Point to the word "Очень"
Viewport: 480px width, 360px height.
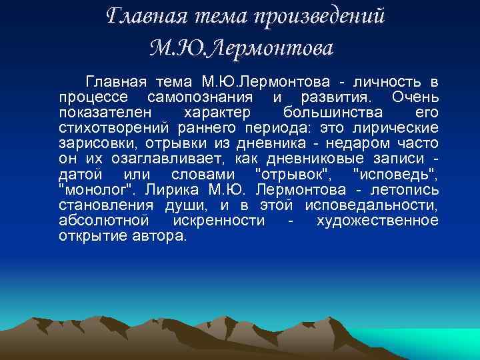415,98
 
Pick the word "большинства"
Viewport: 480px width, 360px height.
332,113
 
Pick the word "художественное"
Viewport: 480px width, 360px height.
377,221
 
